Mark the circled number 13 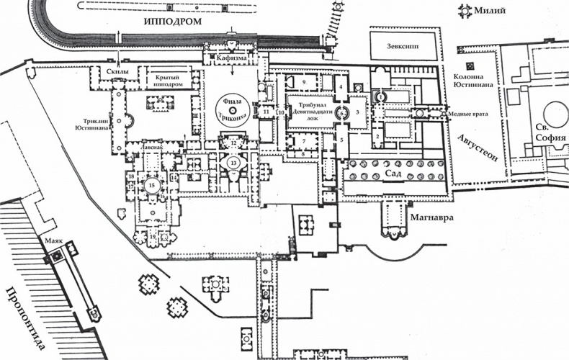(x=233, y=163)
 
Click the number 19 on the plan (x=153, y=237)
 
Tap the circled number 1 (x=381, y=96)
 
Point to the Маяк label (x=55, y=243)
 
